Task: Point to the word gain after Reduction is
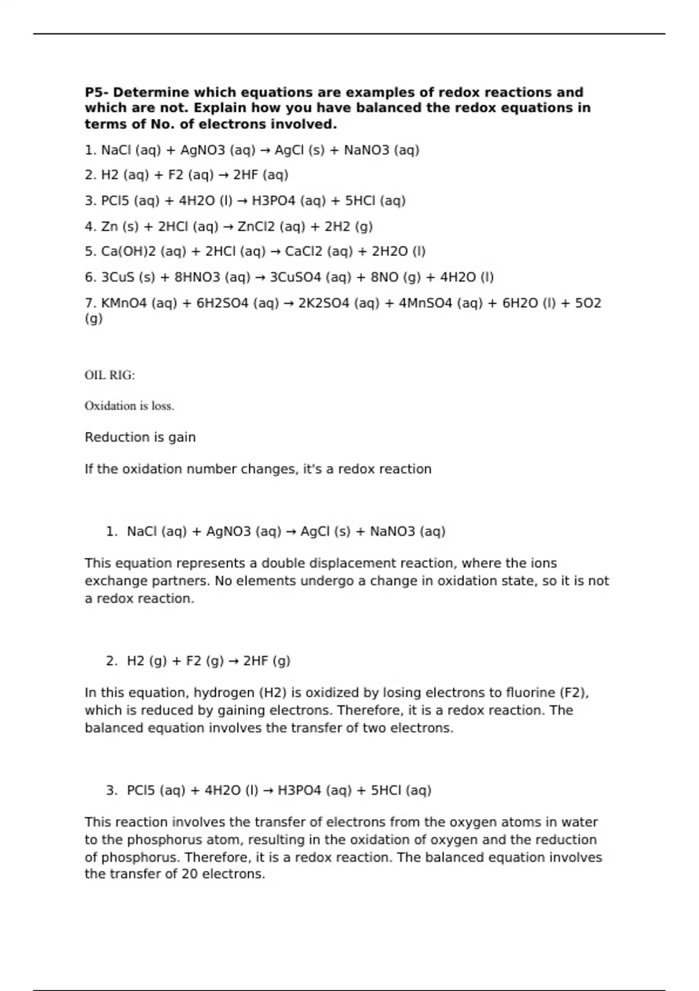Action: click(182, 438)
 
